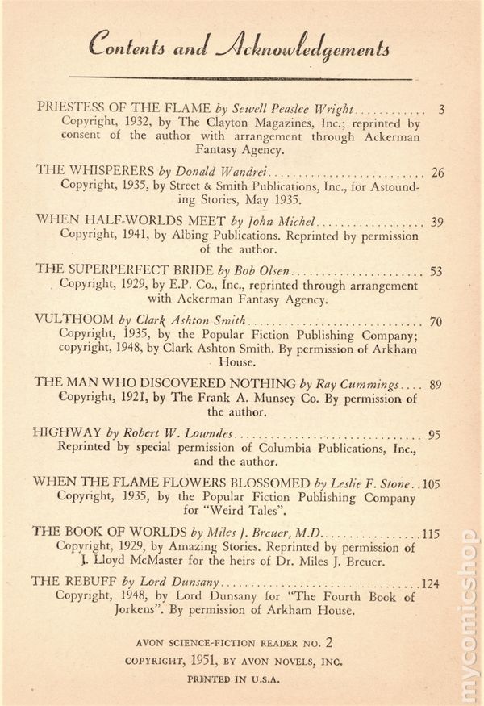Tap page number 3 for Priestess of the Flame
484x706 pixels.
click(440, 108)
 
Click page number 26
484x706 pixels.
click(438, 172)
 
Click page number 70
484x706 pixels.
click(436, 322)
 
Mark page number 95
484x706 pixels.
click(435, 435)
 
